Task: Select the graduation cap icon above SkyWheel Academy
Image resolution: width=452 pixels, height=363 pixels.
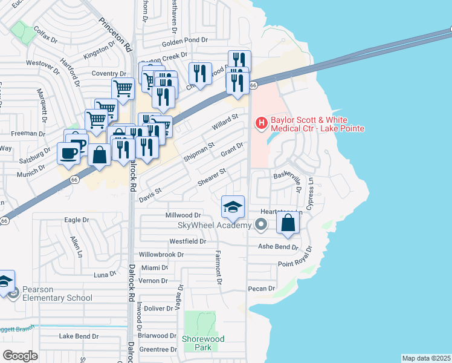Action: (233, 207)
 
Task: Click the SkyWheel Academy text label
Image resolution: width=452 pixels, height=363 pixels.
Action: (214, 226)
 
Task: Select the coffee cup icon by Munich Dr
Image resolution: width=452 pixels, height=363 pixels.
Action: (68, 152)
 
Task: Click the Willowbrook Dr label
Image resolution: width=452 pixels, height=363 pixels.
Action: (161, 255)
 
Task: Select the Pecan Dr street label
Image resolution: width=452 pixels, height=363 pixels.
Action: (262, 289)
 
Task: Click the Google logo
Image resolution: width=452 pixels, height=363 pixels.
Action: (21, 356)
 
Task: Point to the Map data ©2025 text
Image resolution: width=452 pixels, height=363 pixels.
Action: (426, 358)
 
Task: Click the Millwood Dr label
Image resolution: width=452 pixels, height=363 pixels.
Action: (182, 215)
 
